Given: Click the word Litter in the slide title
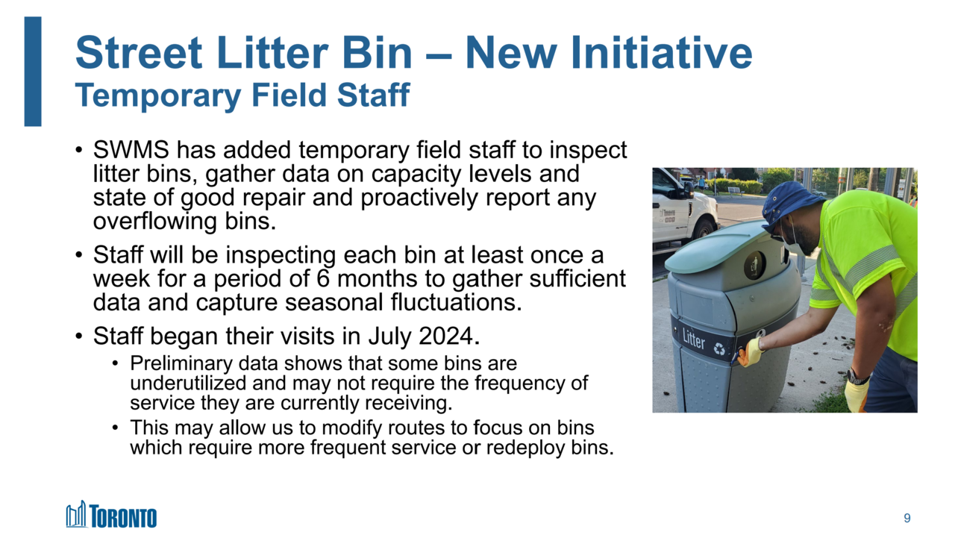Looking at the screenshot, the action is point(272,53).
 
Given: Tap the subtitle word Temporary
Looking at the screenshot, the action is point(157,96).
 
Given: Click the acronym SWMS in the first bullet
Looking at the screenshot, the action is point(131,150).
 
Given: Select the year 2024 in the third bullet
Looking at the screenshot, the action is point(446,337).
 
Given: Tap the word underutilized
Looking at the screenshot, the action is point(188,383).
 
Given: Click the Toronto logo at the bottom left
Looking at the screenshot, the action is point(111,515).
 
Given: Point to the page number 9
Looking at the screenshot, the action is point(907,518).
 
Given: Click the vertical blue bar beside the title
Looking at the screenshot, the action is point(33,72).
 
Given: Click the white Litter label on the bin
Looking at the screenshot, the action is point(694,340).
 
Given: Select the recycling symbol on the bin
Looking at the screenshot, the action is point(719,348).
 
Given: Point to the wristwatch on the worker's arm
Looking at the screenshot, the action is point(857,378).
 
